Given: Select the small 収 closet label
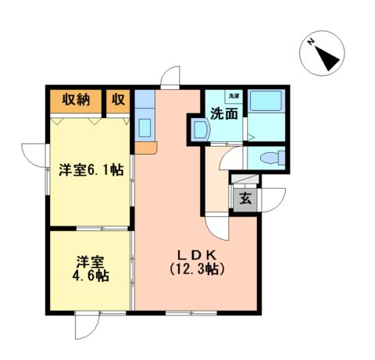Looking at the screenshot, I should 118,99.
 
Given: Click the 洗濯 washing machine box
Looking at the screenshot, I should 234,96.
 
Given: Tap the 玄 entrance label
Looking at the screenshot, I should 245,198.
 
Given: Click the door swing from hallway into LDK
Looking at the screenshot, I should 220,227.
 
